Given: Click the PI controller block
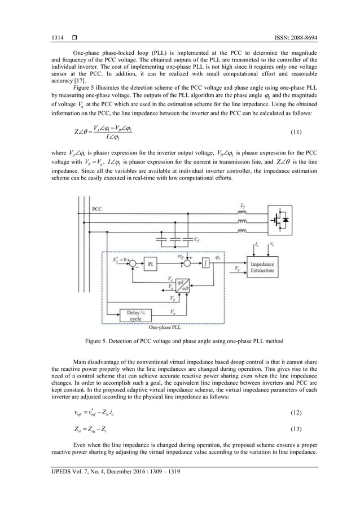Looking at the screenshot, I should [x=151, y=264].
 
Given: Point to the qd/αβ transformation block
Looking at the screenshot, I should [x=182, y=284].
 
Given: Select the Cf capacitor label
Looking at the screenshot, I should [x=196, y=239].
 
